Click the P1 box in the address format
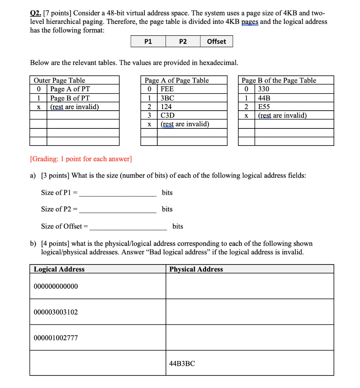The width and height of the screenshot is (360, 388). [148, 42]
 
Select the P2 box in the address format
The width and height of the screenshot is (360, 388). [183, 42]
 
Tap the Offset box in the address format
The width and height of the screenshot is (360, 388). [216, 42]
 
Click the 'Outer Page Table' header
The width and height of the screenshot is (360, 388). [59, 80]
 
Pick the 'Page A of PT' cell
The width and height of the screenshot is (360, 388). [70, 89]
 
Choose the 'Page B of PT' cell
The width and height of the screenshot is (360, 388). [70, 98]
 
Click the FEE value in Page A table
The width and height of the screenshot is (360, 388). [167, 89]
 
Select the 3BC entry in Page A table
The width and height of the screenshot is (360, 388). [167, 98]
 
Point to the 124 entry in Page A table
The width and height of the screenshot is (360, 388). [166, 106]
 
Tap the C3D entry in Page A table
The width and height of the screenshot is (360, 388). [168, 115]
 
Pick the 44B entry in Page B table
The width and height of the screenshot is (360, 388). [264, 98]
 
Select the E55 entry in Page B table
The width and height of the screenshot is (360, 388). [264, 106]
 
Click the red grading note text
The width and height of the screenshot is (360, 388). [81, 159]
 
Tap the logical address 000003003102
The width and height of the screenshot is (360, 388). [56, 312]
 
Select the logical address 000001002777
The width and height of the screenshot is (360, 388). [56, 338]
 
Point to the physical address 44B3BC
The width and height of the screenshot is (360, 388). [182, 363]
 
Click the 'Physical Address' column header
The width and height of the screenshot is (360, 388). [196, 269]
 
